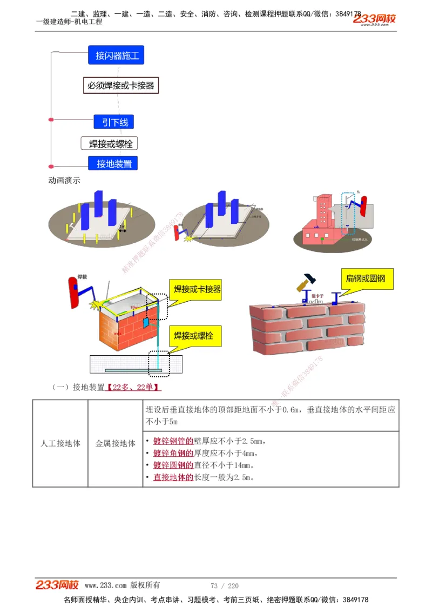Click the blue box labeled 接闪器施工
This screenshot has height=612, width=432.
[116, 55]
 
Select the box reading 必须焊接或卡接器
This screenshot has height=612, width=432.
[121, 85]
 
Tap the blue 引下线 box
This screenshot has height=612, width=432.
[114, 122]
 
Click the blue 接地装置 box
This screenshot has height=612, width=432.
[113, 163]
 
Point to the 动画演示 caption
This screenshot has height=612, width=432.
[64, 181]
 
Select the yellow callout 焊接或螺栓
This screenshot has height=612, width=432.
[193, 336]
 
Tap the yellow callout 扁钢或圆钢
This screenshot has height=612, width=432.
[366, 279]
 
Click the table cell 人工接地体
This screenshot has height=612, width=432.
[60, 443]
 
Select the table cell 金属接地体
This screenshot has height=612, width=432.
[116, 443]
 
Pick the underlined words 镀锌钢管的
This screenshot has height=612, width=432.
[173, 441]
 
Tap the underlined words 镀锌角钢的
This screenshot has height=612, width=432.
[173, 453]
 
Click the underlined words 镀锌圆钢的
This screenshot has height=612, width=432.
[173, 465]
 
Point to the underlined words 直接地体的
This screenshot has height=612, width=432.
[173, 477]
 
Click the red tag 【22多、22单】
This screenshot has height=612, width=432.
[133, 387]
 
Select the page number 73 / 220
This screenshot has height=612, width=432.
[225, 586]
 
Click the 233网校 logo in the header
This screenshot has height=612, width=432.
[374, 19]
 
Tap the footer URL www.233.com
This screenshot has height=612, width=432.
[106, 586]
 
